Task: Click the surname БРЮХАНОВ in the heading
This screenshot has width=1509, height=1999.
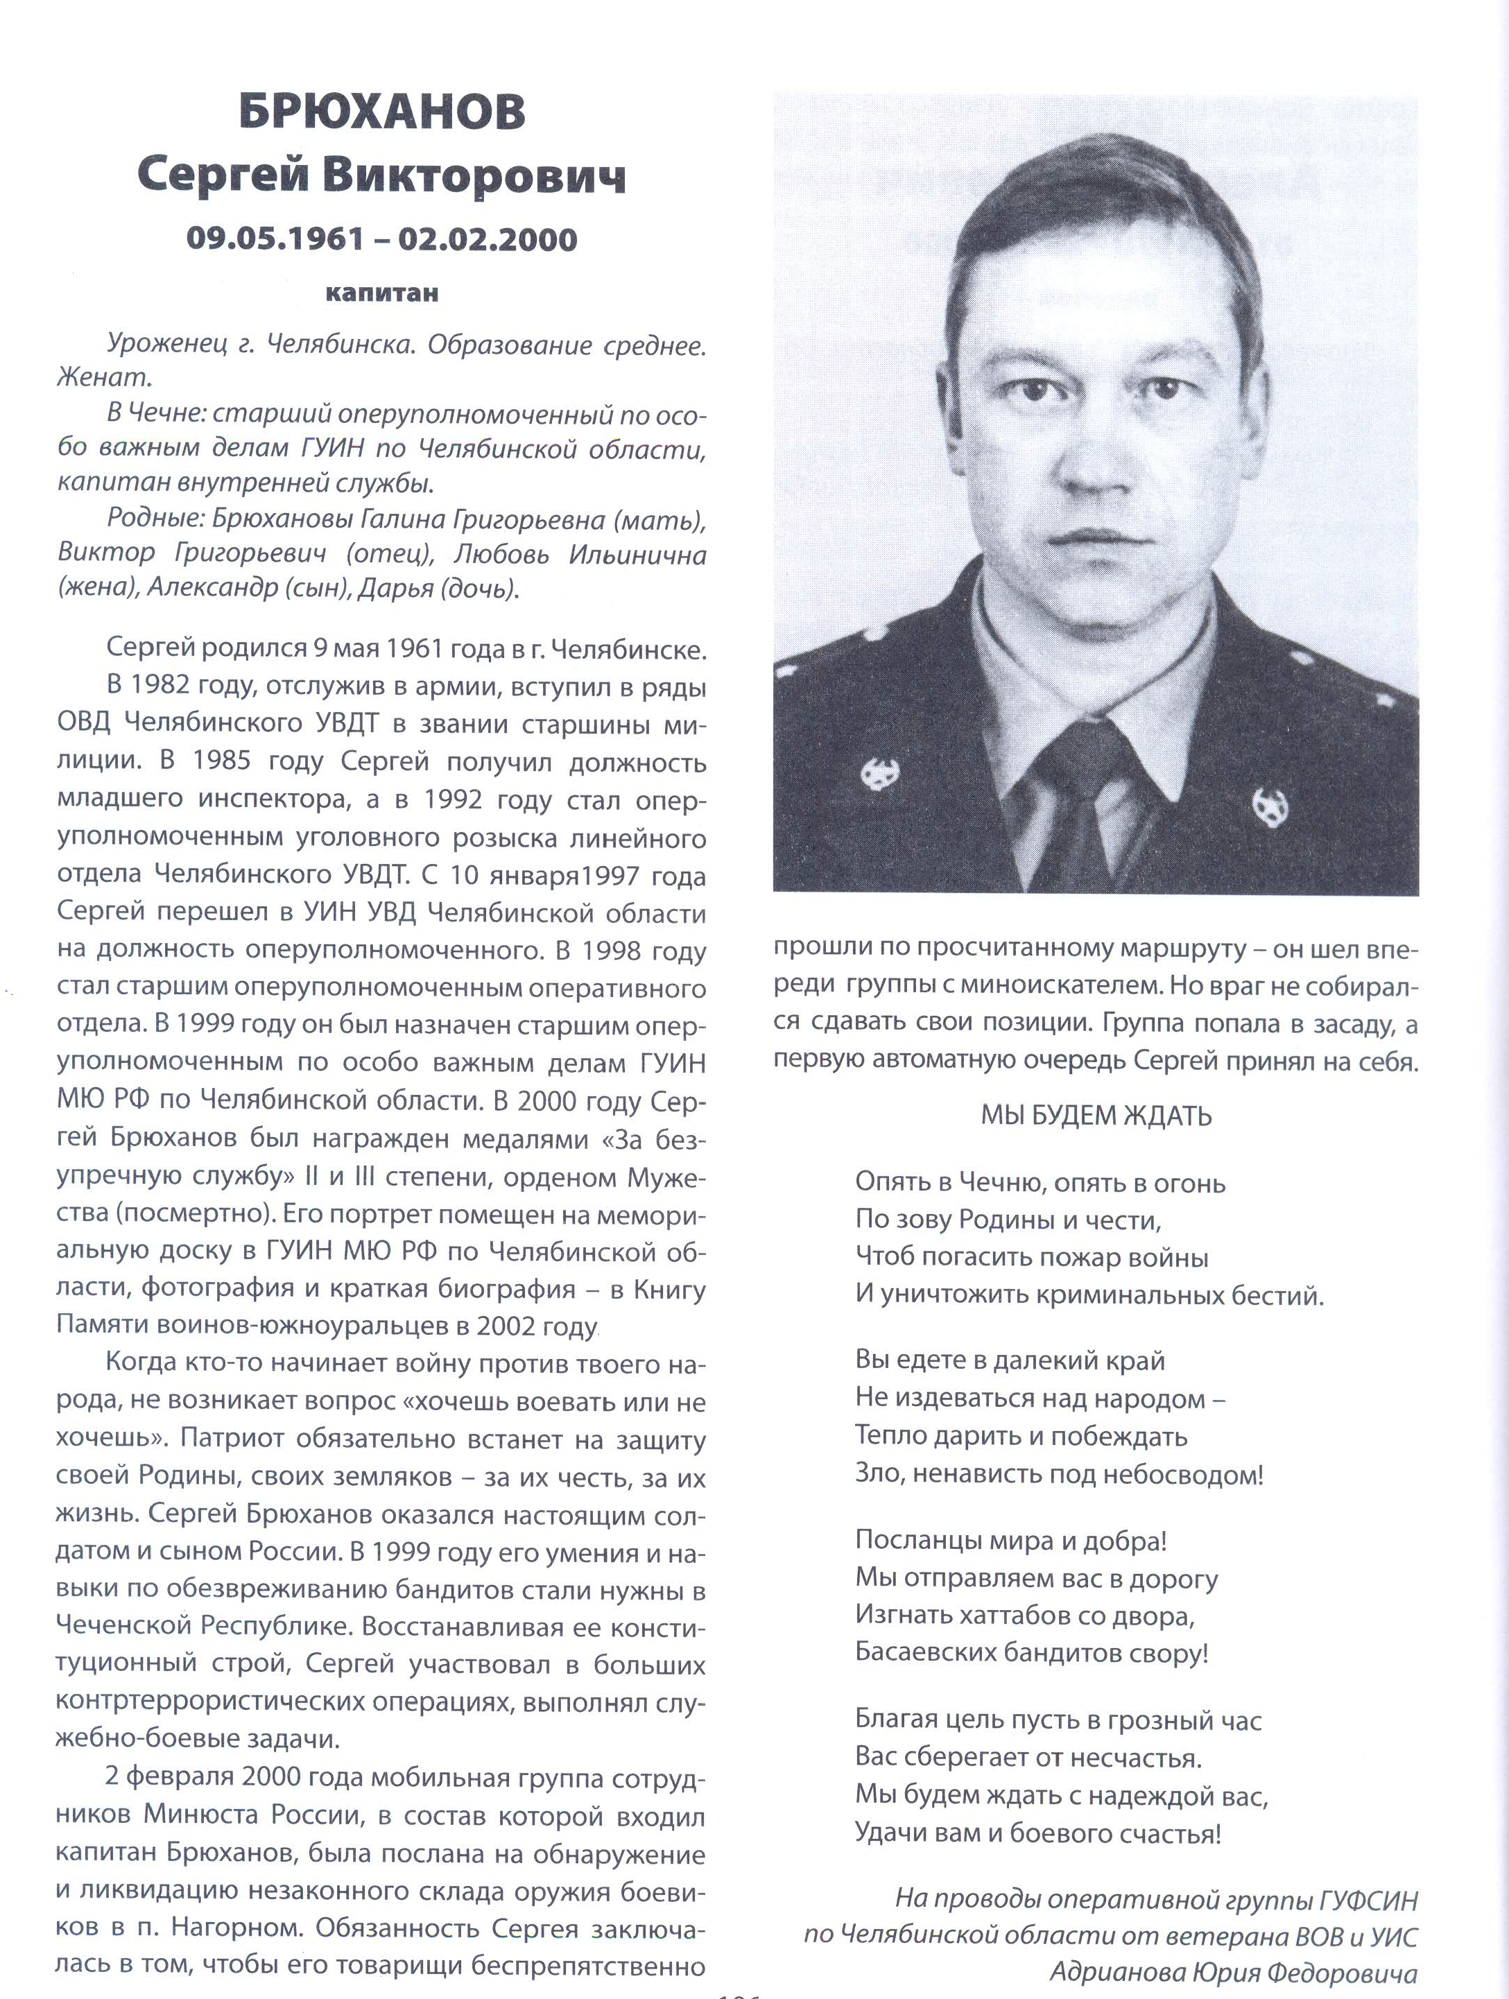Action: click(381, 114)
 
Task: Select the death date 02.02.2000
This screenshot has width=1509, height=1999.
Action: click(487, 239)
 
